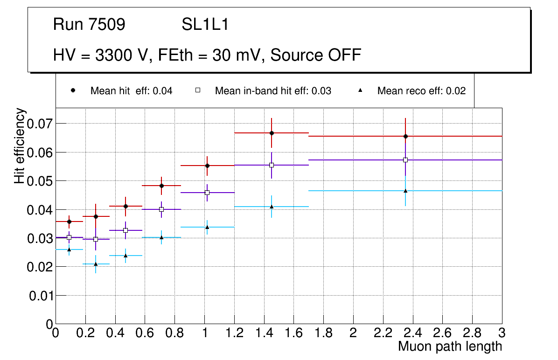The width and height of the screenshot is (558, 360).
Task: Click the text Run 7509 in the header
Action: (89, 25)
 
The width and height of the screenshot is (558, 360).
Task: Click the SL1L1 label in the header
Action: (205, 25)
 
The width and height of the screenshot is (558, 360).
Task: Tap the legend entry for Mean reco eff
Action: (421, 91)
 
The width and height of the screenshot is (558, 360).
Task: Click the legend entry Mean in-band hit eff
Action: (273, 91)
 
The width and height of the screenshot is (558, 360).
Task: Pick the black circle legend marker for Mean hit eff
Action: (73, 90)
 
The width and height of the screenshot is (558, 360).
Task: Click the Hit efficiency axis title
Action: (20, 146)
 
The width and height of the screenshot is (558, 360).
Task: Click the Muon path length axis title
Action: (450, 346)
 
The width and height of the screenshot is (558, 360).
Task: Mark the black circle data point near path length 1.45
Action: (272, 133)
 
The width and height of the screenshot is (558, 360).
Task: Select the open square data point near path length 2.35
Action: (405, 160)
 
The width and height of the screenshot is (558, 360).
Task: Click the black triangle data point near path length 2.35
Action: (405, 191)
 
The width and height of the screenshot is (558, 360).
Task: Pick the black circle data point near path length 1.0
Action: (207, 166)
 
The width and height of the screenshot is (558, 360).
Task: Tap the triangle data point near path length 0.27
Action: (96, 264)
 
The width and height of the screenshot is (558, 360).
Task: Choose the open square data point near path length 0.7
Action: (161, 209)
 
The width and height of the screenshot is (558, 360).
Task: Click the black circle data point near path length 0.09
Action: (69, 222)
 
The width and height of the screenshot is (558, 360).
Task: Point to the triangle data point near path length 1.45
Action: (272, 207)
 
